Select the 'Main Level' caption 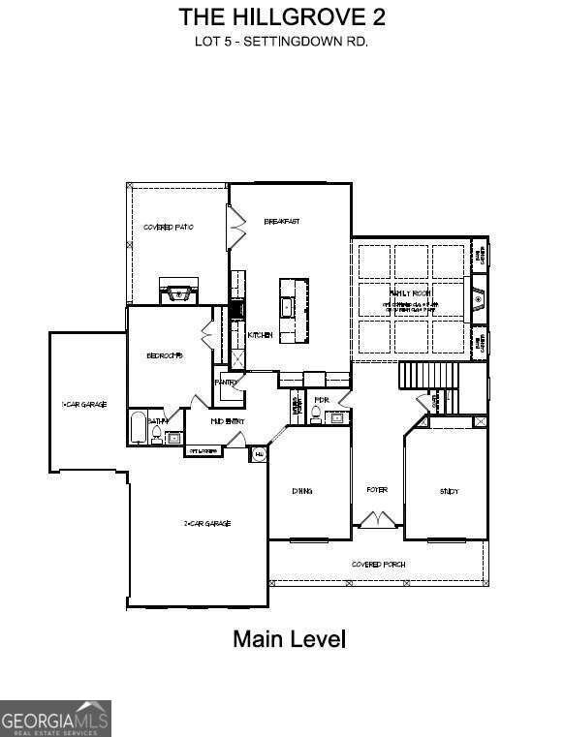[x=289, y=639]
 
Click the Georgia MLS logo [x=55, y=718]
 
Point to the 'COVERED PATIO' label [x=168, y=227]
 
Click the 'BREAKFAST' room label [x=282, y=221]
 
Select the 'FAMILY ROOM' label [x=411, y=292]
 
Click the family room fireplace [x=478, y=300]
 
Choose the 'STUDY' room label [x=449, y=492]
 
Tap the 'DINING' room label [x=302, y=491]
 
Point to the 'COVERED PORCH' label [x=379, y=564]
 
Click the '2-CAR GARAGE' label [x=206, y=523]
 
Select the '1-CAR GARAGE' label [x=84, y=404]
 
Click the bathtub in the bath [x=138, y=428]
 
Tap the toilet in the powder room [x=316, y=416]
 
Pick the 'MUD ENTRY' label [x=227, y=422]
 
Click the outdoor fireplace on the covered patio [x=178, y=292]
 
